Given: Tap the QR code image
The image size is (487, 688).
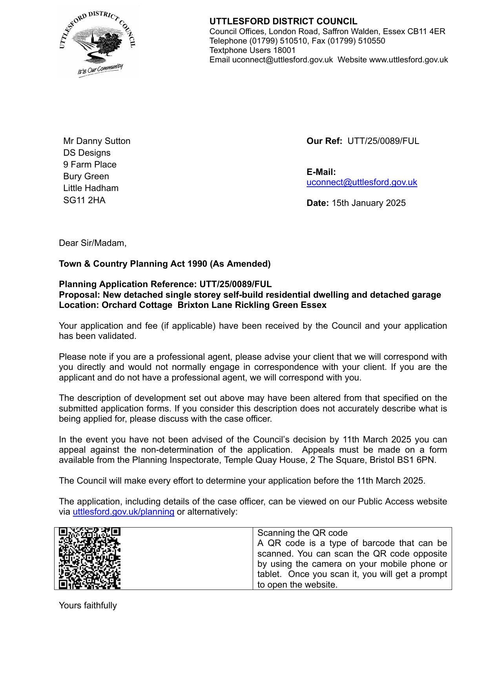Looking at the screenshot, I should coord(89,558).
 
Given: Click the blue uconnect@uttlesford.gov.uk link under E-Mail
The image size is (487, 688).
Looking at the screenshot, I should coord(361,182).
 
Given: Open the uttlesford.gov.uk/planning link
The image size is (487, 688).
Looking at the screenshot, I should coord(123,512).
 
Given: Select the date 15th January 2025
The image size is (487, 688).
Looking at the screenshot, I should coord(368,203).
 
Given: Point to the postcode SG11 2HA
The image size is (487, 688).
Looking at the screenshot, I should coord(84,200).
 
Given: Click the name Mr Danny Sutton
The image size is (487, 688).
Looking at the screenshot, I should coord(97,141).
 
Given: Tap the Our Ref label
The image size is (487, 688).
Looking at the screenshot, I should coord(324,141).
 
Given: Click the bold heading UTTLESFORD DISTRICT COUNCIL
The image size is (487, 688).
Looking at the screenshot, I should coord(283,22).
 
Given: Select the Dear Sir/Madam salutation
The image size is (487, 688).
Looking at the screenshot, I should coord(93,243).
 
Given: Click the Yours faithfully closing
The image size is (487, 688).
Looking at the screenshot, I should coord(88,606).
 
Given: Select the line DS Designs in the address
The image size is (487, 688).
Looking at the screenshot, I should coord(87,153).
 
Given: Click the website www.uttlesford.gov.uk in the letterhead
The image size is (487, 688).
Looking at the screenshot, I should coord(408,60).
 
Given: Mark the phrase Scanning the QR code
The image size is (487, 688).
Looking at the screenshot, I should coord(302,533).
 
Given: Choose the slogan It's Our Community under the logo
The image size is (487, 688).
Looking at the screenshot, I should coord(100,70).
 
